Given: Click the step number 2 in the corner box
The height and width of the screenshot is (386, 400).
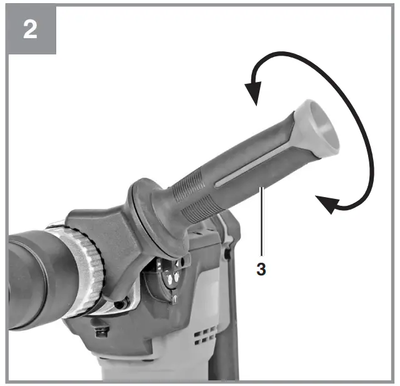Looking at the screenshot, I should point(30,29).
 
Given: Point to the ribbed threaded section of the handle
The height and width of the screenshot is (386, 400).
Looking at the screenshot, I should point(191,191).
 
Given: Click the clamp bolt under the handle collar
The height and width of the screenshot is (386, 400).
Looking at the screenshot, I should point(119,305).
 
